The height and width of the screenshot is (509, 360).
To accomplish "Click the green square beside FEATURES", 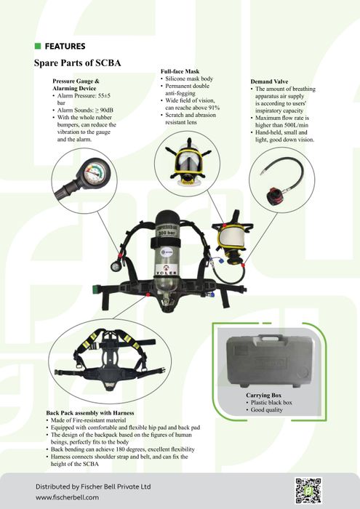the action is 38,46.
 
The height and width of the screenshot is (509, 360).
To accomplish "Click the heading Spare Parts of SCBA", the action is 77,63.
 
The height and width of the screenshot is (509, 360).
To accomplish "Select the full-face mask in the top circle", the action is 188,161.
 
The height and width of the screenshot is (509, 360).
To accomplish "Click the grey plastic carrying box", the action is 269,361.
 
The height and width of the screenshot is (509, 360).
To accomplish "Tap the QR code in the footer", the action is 308,490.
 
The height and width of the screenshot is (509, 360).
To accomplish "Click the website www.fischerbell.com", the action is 67,497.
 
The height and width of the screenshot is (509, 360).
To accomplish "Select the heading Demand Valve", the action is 269,81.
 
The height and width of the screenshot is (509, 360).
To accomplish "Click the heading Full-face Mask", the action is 180,71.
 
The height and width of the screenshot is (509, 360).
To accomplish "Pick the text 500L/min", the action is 296,125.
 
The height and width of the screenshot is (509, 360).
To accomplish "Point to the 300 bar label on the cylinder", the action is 167,233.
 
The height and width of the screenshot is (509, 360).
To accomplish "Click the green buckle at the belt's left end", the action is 95,289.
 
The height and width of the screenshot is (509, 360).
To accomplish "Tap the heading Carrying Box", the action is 263,395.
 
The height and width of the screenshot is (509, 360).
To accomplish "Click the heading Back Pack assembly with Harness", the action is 90,413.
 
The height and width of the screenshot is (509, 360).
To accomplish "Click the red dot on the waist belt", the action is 148,294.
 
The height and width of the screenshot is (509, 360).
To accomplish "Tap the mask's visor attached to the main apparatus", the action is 231,236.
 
